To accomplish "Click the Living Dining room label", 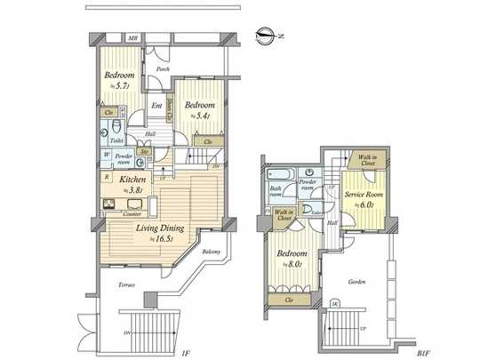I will [x=160, y=228].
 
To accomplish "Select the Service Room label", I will [x=364, y=194].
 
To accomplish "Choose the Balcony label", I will [x=212, y=252].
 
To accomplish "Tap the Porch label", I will [x=163, y=68].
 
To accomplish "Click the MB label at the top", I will [x=132, y=38].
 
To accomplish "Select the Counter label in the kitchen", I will [x=133, y=213].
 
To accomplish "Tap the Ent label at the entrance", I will [x=156, y=107].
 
